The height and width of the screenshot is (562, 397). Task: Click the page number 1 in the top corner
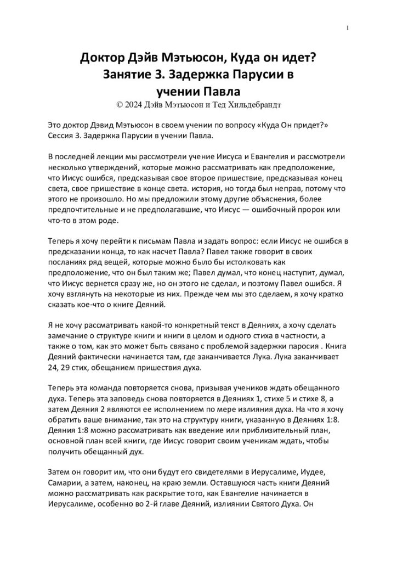click(x=348, y=28)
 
